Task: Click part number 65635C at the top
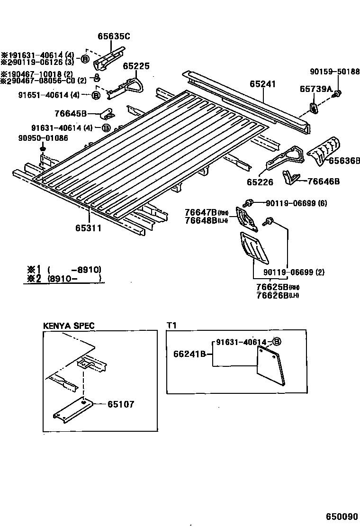[x=114, y=36]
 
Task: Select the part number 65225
[x=136, y=66]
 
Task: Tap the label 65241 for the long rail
[x=262, y=84]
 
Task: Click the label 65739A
[x=315, y=89]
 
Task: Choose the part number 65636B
[x=344, y=161]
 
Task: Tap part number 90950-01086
[x=36, y=138]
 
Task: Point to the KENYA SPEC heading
[x=69, y=326]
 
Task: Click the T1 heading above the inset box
[x=171, y=326]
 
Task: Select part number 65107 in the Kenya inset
[x=120, y=404]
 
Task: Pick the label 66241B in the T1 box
[x=190, y=353]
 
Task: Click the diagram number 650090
[x=342, y=516]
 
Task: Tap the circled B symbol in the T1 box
[x=278, y=342]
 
